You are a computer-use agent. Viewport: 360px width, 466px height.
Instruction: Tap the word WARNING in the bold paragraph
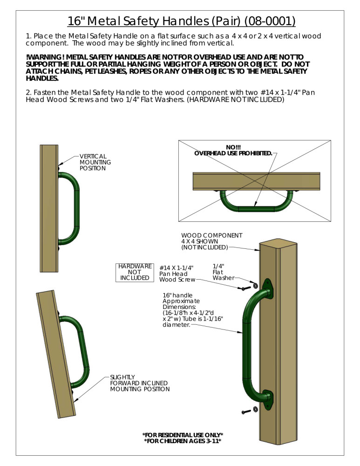(x=45, y=57)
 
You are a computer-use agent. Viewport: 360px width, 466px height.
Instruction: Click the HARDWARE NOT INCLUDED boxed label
(x=135, y=272)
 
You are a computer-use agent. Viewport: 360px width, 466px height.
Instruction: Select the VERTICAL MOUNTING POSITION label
(x=95, y=162)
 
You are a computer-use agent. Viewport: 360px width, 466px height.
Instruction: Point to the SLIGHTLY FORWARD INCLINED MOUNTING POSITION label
(x=139, y=383)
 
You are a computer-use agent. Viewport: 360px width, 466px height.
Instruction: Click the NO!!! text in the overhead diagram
(x=233, y=147)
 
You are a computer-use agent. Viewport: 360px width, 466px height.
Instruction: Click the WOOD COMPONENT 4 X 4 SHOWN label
(x=211, y=241)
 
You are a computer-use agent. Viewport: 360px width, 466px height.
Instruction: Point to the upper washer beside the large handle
(x=255, y=285)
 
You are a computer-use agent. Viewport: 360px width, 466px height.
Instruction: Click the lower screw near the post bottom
(x=246, y=412)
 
